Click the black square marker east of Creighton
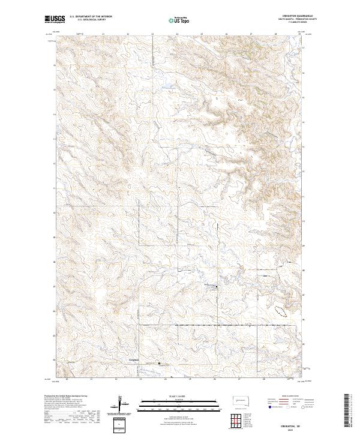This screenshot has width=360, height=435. (159, 363)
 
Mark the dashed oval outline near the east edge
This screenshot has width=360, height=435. (281, 311)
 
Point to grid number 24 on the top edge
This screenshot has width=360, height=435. (177, 34)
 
